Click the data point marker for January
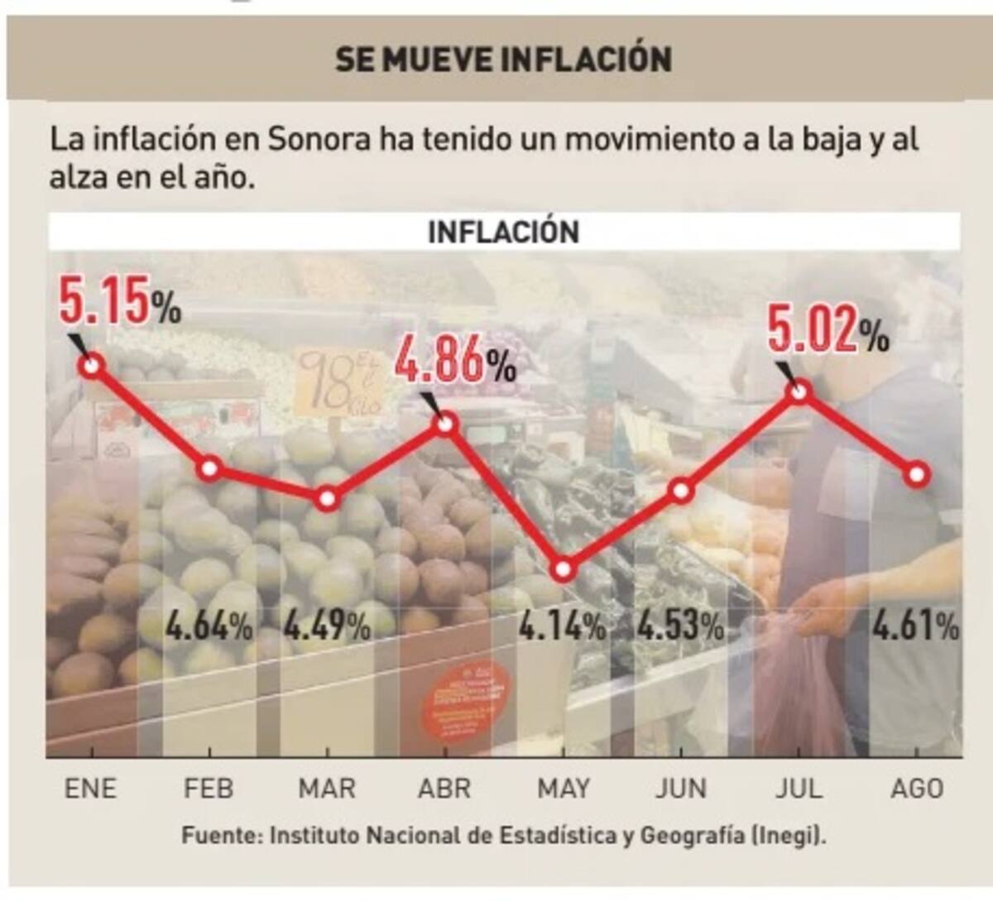pyautogui.click(x=92, y=365)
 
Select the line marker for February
pyautogui.click(x=210, y=468)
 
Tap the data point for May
pyautogui.click(x=564, y=570)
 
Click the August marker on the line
pyautogui.click(x=918, y=475)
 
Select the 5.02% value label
pyautogui.click(x=827, y=329)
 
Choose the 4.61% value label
pyautogui.click(x=915, y=626)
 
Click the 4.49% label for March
pyautogui.click(x=327, y=626)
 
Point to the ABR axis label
pyautogui.click(x=444, y=788)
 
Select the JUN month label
pyautogui.click(x=681, y=788)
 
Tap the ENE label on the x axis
pyautogui.click(x=91, y=788)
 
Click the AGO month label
pyautogui.click(x=917, y=788)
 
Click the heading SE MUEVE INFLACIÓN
pyautogui.click(x=503, y=60)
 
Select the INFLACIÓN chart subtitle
pyautogui.click(x=503, y=232)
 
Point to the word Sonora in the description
pyautogui.click(x=319, y=139)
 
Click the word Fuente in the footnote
pyautogui.click(x=219, y=836)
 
